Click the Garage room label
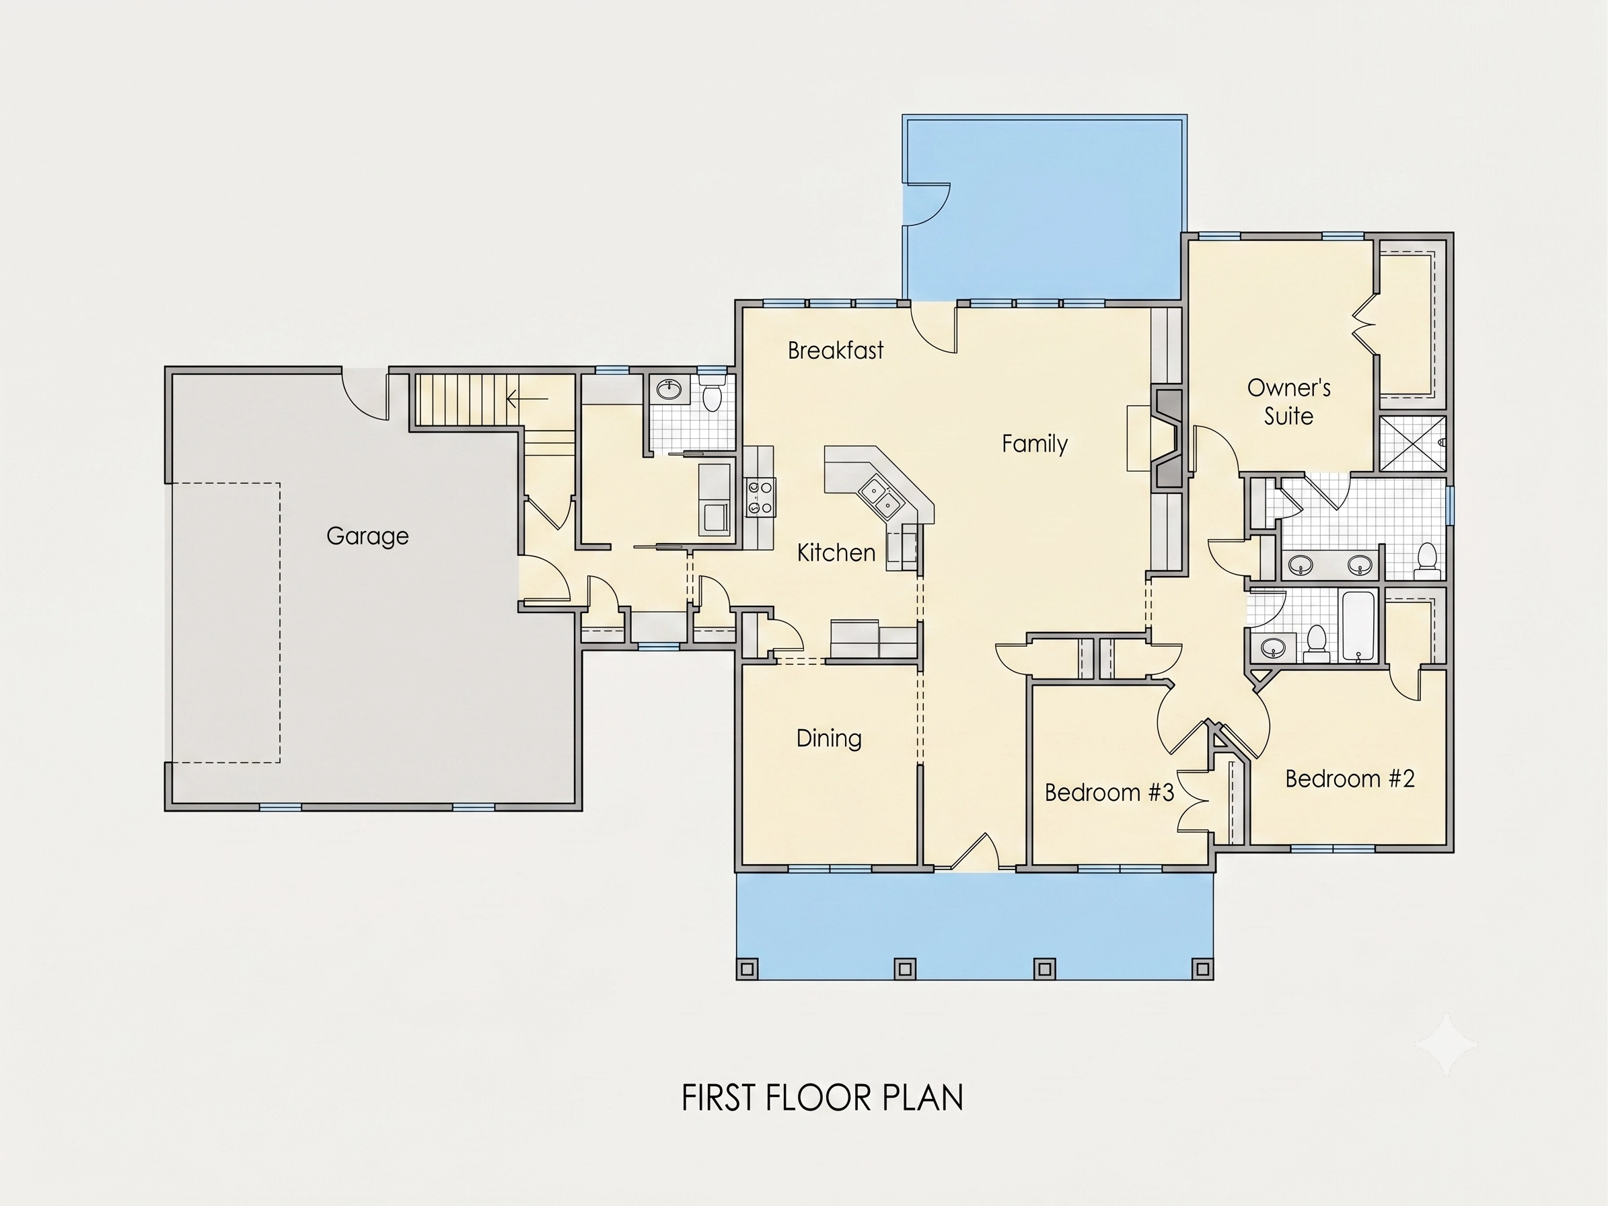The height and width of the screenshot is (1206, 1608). click(367, 536)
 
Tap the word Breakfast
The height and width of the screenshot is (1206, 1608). click(836, 351)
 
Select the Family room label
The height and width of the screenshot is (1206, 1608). click(1035, 444)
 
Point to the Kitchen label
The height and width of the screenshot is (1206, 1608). click(836, 553)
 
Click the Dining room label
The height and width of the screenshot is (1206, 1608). click(829, 738)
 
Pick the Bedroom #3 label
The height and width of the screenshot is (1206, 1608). click(1109, 792)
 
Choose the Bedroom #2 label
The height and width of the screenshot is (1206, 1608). click(1350, 779)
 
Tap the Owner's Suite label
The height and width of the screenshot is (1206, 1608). click(1289, 402)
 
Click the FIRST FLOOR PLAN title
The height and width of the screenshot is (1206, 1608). click(822, 1098)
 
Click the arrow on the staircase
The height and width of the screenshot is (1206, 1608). click(527, 399)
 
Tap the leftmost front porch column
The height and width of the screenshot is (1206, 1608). click(747, 968)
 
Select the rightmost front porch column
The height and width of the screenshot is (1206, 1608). click(1203, 968)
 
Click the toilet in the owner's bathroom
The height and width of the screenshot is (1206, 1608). click(1427, 561)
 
